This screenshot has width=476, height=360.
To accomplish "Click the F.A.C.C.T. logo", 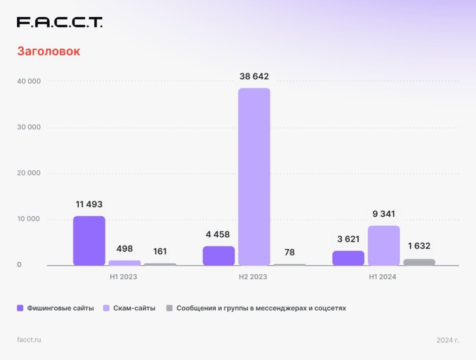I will click(59, 22).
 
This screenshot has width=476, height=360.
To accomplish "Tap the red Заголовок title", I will click(48, 51).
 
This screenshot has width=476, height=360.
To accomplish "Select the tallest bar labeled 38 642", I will click(254, 177).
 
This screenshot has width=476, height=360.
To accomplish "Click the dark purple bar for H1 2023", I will click(89, 241).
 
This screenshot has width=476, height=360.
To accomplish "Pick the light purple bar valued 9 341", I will click(383, 246).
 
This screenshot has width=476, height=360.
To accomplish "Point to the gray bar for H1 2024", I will click(419, 262).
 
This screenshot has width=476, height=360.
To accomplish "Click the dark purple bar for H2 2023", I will click(219, 256).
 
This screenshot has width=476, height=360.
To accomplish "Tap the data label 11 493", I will click(89, 204).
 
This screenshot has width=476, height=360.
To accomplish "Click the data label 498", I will click(125, 249).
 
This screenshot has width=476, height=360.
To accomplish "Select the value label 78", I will click(289, 252).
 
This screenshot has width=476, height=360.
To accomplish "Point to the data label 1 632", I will click(419, 246).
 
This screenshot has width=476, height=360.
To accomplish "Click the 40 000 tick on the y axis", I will click(29, 81).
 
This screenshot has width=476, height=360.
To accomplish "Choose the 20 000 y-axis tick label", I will click(29, 173).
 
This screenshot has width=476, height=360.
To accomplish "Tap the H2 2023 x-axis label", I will click(253, 277).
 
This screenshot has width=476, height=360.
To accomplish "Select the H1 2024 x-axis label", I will click(383, 277).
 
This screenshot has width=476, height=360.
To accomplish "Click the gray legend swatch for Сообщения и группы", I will click(169, 308).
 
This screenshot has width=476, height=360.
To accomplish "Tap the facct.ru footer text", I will click(29, 340).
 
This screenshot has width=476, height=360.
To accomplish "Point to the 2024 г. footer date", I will click(447, 340).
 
